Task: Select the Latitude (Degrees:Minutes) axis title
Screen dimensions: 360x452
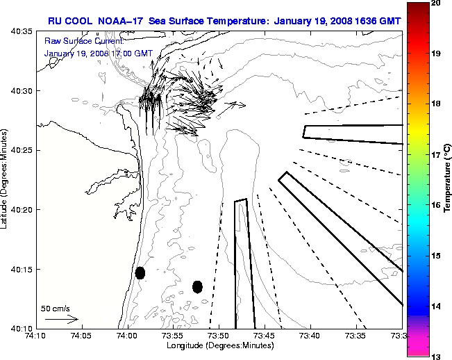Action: [x=6, y=179]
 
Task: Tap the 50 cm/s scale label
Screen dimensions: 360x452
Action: [x=55, y=308]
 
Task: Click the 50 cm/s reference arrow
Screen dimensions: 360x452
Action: [x=61, y=319]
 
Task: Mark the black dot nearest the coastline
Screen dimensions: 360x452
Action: [x=140, y=272]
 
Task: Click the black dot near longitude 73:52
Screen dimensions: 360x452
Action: [x=197, y=286]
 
